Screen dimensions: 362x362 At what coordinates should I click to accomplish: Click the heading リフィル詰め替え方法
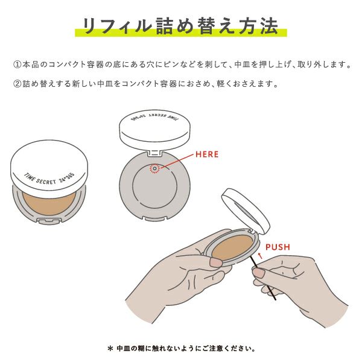180,27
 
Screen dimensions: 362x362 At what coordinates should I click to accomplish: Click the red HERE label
207,154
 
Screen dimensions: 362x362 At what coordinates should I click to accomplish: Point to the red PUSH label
278,247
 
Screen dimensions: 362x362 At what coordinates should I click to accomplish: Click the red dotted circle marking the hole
155,168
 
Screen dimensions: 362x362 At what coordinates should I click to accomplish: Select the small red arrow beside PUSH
259,255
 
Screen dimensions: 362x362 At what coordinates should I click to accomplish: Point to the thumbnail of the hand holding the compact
215,262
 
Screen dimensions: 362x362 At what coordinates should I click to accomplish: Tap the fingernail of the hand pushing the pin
258,273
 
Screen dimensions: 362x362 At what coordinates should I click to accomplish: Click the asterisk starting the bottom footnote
110,348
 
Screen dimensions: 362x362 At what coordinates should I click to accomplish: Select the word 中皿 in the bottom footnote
124,348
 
